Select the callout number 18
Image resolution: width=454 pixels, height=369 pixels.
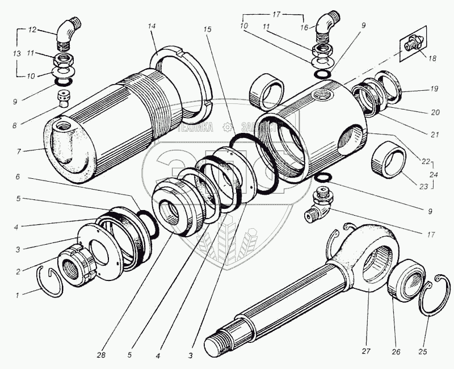click(x=433, y=59)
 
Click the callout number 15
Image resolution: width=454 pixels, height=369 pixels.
click(x=211, y=29)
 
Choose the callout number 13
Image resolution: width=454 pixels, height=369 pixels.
click(x=16, y=53)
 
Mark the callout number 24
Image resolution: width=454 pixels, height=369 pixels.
click(x=434, y=175)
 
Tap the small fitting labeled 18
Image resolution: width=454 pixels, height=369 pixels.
click(x=411, y=43)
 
